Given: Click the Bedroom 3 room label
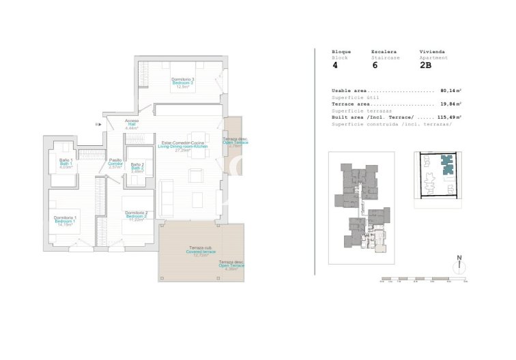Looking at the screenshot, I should pos(182,82).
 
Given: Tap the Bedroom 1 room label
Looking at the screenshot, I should pos(66,221).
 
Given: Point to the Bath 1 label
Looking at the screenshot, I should pos(66,164).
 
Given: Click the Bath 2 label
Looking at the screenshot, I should pos(137,168).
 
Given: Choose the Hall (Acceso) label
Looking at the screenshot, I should pos(132,124).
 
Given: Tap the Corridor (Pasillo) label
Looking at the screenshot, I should pos(115,164).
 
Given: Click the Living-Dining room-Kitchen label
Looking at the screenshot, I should pos(182,146).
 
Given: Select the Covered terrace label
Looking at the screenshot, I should pos(200,252).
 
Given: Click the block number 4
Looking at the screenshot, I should pos(334,66).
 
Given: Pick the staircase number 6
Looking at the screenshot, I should pos(375,66).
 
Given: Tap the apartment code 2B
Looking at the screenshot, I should pos(425,66).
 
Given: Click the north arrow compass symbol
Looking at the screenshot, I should pos(460,266).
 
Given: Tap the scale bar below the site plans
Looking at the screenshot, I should pos(423,279).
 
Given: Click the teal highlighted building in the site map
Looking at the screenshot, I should pos(447,166).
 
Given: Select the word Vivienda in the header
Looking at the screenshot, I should pos(431,52).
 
